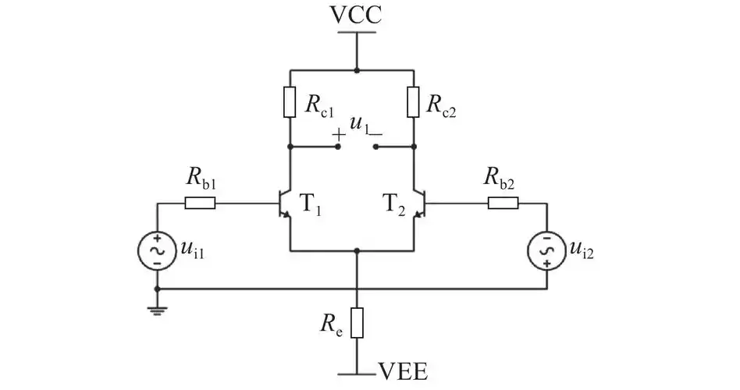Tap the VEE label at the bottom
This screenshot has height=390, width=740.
click(x=403, y=372)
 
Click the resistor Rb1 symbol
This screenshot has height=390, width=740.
click(x=200, y=204)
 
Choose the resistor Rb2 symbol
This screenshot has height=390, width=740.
click(x=503, y=204)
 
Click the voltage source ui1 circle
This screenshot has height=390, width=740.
click(x=157, y=250)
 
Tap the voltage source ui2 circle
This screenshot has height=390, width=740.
click(x=546, y=250)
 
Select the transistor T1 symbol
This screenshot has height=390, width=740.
click(x=286, y=204)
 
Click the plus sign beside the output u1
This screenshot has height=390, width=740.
click(x=339, y=135)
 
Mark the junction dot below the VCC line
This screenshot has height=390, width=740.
click(x=357, y=70)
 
